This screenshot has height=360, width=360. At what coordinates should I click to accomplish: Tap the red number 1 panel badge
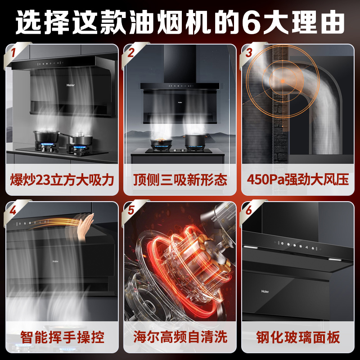(13, 53)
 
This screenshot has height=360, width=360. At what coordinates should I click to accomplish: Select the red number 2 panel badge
(131, 53)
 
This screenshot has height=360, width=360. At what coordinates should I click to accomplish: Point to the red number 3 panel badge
(249, 53)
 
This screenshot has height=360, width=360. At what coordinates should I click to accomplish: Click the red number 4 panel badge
(13, 210)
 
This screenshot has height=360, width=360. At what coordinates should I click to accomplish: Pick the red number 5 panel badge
(131, 210)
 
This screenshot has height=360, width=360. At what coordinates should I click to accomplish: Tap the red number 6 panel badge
(249, 210)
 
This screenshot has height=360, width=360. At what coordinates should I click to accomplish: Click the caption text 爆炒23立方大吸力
(62, 180)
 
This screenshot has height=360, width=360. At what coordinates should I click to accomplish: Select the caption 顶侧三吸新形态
(180, 180)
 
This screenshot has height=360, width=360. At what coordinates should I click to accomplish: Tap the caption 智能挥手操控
(62, 337)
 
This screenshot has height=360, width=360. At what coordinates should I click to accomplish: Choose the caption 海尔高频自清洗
(180, 337)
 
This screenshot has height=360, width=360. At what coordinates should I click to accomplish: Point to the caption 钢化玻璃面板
(298, 337)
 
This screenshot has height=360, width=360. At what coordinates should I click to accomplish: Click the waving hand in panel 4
(85, 227)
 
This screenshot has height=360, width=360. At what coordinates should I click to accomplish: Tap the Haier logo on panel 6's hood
(265, 291)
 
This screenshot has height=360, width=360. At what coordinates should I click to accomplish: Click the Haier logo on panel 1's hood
(71, 85)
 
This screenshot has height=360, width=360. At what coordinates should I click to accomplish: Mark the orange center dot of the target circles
(283, 81)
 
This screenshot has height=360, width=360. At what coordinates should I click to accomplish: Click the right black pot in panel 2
(195, 140)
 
